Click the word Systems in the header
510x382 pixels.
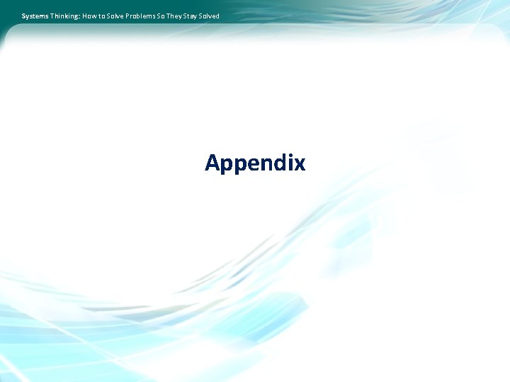(35, 16)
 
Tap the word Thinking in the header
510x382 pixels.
(64, 16)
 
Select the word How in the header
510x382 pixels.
(90, 16)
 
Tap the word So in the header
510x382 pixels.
(168, 16)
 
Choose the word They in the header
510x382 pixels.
(181, 16)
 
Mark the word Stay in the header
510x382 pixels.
(198, 16)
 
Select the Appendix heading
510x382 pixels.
(255, 163)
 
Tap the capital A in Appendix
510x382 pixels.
(212, 163)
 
